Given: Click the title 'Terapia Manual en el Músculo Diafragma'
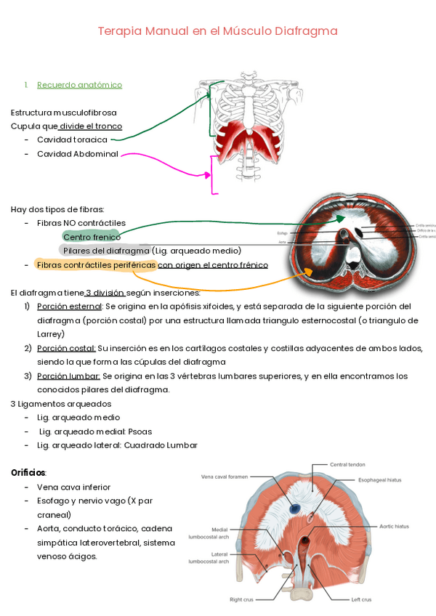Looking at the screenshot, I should pyautogui.click(x=218, y=31).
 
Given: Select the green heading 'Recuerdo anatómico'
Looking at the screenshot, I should pyautogui.click(x=79, y=85).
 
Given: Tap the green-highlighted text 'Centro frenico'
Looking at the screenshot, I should pyautogui.click(x=92, y=237).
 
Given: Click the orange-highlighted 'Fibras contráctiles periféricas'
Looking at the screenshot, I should pyautogui.click(x=96, y=265).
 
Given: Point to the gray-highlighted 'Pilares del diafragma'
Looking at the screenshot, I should pyautogui.click(x=105, y=251).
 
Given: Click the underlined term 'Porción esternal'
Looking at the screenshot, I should pyautogui.click(x=69, y=306).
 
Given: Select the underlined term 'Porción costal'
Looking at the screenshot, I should pyautogui.click(x=66, y=348).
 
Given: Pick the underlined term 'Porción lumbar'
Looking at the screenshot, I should pyautogui.click(x=68, y=376).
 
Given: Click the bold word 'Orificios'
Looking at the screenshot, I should pyautogui.click(x=28, y=472).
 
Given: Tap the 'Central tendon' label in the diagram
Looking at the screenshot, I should pyautogui.click(x=347, y=464).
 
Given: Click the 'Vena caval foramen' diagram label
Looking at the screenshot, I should pyautogui.click(x=225, y=477).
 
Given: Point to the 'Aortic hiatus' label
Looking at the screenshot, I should pyautogui.click(x=394, y=526).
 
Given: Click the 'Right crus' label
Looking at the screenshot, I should pyautogui.click(x=241, y=600).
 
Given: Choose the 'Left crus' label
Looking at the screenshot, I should pyautogui.click(x=361, y=600).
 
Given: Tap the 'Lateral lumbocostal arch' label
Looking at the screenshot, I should pyautogui.click(x=209, y=558).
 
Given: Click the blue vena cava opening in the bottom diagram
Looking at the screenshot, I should pyautogui.click(x=296, y=508).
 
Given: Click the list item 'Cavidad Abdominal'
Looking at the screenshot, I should pyautogui.click(x=77, y=154).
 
